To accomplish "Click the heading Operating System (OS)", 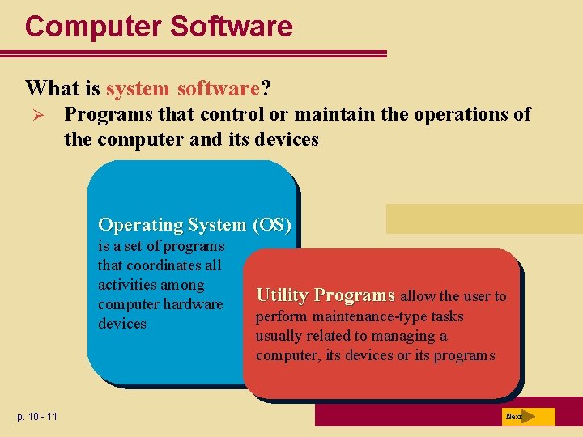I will pyautogui.click(x=194, y=224).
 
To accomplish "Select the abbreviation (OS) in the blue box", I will pyautogui.click(x=271, y=224).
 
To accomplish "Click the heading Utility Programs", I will pyautogui.click(x=325, y=295).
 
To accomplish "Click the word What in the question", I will pyautogui.click(x=51, y=87).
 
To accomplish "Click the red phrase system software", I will pyautogui.click(x=181, y=87).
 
